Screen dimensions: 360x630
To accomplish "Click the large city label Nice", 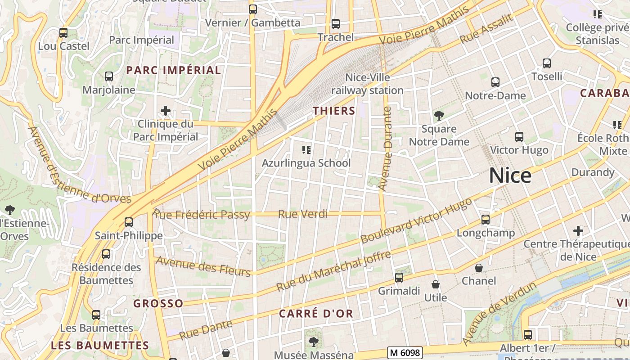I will pyautogui.click(x=510, y=175).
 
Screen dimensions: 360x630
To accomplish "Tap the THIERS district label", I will pyautogui.click(x=334, y=111).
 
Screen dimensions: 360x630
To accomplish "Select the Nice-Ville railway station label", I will pyautogui.click(x=367, y=84).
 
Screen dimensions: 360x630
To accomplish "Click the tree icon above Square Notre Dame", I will pyautogui.click(x=439, y=116).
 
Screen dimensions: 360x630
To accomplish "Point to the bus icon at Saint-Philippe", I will pyautogui.click(x=129, y=222).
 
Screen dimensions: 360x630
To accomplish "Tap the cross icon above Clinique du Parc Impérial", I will pyautogui.click(x=166, y=110).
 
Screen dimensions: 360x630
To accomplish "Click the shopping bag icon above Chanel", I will pyautogui.click(x=479, y=268).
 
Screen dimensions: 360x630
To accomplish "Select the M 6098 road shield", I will pyautogui.click(x=405, y=353).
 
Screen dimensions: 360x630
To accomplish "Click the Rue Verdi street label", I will pyautogui.click(x=303, y=214).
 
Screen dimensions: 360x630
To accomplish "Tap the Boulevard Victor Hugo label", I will pyautogui.click(x=416, y=220).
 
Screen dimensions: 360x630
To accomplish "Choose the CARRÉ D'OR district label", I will pyautogui.click(x=316, y=314).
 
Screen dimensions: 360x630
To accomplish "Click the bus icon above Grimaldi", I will pyautogui.click(x=399, y=277).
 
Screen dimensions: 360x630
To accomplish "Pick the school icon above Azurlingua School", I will pyautogui.click(x=306, y=149).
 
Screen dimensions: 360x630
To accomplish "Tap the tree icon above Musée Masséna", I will pyautogui.click(x=313, y=342).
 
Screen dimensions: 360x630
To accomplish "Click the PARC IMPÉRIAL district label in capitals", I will pyautogui.click(x=173, y=70).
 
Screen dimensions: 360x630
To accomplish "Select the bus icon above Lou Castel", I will pyautogui.click(x=63, y=32).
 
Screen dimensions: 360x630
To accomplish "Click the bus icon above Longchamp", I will pyautogui.click(x=485, y=220).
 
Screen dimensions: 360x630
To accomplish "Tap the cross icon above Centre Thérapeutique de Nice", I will pyautogui.click(x=578, y=231).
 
